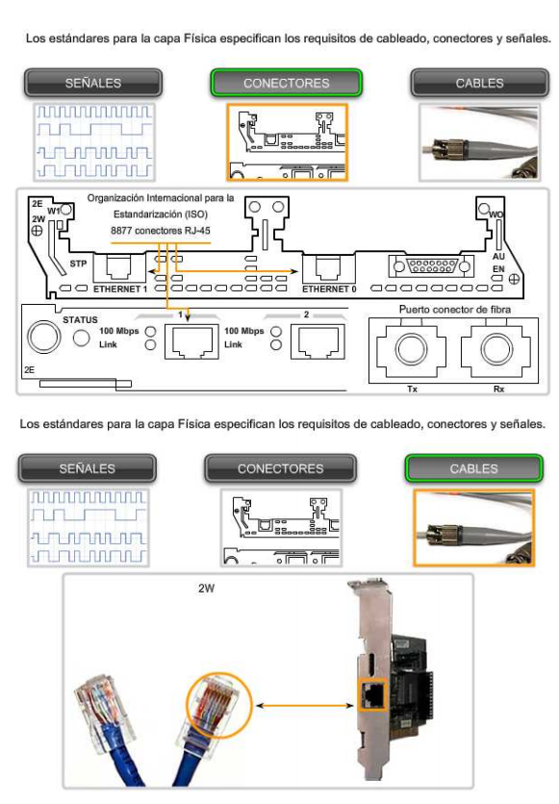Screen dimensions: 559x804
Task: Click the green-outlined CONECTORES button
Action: [x=286, y=83]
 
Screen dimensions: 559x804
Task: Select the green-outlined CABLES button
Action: [x=474, y=468]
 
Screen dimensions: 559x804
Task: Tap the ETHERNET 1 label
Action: [x=120, y=289]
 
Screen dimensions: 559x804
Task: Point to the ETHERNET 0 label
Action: [x=329, y=289]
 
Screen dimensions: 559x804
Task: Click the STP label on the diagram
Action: [x=79, y=264]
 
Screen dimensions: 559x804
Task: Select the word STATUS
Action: [x=80, y=319]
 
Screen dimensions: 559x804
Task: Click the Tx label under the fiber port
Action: [x=413, y=389]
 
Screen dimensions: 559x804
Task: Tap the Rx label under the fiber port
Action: [x=498, y=389]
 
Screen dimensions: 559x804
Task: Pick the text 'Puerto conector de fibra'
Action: [x=455, y=309]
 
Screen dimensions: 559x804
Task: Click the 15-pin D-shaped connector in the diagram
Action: [x=431, y=266]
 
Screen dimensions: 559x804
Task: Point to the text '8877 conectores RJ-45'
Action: [x=161, y=231]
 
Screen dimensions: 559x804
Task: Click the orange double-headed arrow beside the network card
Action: [x=305, y=706]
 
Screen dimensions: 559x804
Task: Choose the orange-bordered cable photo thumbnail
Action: [x=474, y=528]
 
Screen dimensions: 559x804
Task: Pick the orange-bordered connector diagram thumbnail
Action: [x=287, y=142]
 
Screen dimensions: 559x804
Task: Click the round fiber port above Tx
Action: [x=411, y=349]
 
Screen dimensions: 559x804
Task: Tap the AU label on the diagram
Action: [x=498, y=257]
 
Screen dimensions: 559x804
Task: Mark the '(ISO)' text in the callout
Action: [x=195, y=214]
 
